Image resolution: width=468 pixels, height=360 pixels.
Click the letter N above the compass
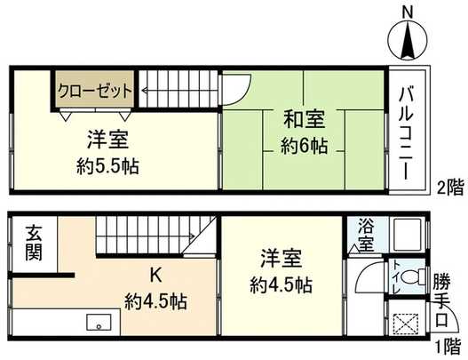tap(408, 11)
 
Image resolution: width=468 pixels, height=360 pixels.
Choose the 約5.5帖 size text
tap(105, 165)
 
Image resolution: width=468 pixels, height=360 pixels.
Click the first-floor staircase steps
tap(142, 237)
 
